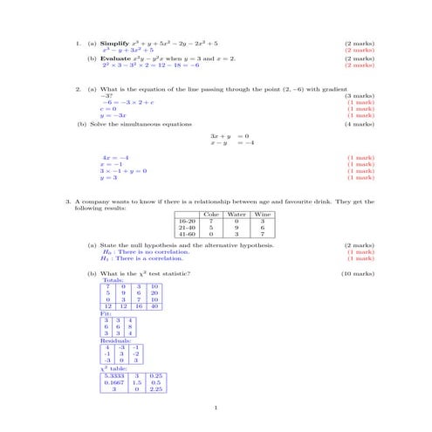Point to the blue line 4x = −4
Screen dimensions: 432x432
point(116,157)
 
